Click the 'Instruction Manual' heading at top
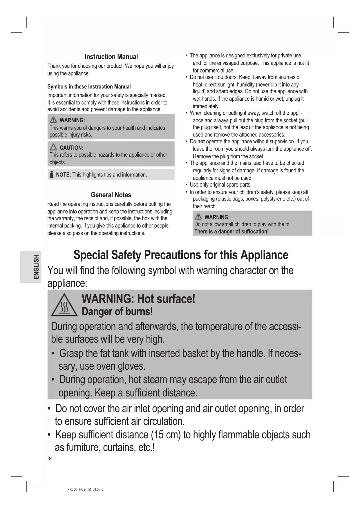111,57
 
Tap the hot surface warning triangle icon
64,306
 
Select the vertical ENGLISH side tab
36,267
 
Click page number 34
50,459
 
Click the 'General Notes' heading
111,195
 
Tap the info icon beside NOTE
52,174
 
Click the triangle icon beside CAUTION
53,147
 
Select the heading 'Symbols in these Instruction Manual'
89,86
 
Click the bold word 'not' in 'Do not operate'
201,142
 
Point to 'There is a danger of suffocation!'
231,231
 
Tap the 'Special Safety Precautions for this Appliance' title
181,255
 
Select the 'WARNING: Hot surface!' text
138,299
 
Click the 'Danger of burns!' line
117,312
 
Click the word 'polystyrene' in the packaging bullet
275,199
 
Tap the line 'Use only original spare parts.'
220,185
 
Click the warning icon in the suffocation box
198,217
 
